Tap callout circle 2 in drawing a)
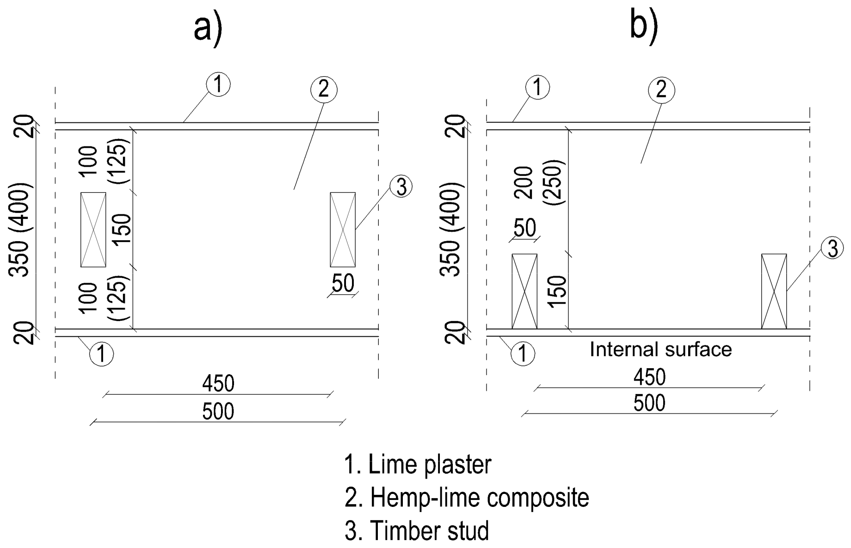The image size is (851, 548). [324, 89]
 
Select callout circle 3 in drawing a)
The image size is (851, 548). [401, 187]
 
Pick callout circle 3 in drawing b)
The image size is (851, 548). [832, 249]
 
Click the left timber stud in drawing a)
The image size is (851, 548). [93, 230]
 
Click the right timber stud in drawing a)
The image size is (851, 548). [343, 230]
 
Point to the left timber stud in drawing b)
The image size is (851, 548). [524, 291]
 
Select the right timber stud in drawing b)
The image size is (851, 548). [774, 291]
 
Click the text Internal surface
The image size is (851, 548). [660, 350]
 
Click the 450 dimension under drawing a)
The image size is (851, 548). [218, 384]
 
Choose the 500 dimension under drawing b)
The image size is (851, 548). [649, 403]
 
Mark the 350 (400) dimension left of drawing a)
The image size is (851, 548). [20, 230]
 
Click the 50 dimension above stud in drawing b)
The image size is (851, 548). [524, 228]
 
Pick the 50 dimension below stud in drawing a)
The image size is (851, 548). [343, 284]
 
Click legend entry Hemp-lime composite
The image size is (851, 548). [467, 498]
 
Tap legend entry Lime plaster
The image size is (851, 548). [418, 465]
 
